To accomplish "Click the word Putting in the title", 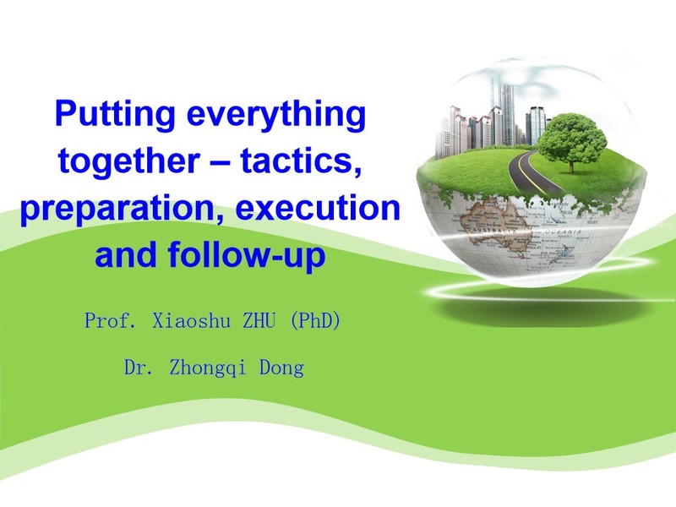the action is click(115, 114).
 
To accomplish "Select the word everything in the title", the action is click(276, 114).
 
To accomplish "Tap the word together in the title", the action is click(129, 161).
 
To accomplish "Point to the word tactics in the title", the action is click(301, 161).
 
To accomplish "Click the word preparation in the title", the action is click(123, 209).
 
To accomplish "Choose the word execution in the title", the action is click(319, 208).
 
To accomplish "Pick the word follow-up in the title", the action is click(247, 255).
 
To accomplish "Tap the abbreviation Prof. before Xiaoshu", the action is click(111, 320).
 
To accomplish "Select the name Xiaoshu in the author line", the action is click(192, 320).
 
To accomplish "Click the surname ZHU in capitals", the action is click(259, 320).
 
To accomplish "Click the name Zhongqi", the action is click(207, 368).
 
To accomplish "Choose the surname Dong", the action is click(281, 368).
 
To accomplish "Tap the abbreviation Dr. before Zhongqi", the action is click(138, 368).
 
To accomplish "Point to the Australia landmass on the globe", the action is click(495, 223).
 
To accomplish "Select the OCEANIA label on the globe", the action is click(564, 232).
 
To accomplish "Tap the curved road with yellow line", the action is click(530, 172).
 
